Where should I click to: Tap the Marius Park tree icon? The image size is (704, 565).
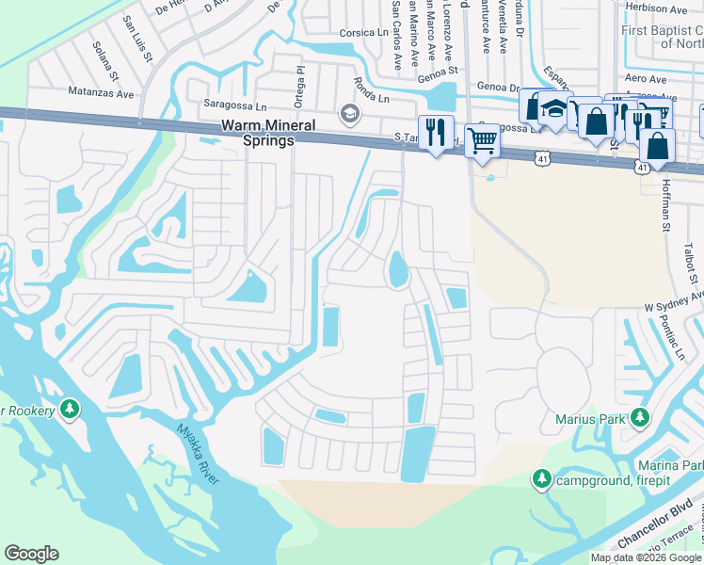tap(640, 416)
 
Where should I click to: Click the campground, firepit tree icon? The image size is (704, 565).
tap(542, 479)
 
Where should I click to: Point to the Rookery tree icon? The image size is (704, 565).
tap(69, 410)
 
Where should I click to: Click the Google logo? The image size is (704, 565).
tap(31, 554)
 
